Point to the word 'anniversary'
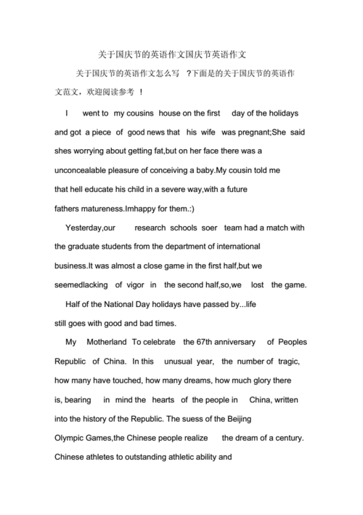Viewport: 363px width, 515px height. [234, 341]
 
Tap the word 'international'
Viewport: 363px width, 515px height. [232, 246]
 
